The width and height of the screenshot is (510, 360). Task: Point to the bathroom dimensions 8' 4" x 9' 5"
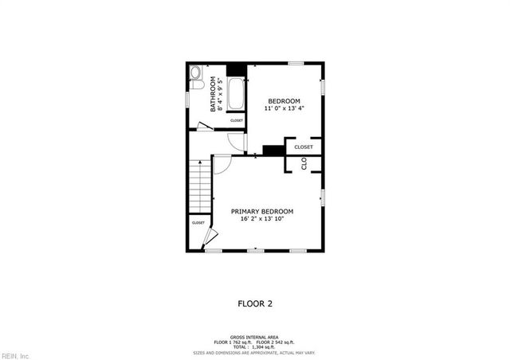(220, 94)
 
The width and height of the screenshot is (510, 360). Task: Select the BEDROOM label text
(284, 100)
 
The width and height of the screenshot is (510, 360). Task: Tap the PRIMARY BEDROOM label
(262, 211)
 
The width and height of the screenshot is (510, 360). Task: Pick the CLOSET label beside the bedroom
(304, 147)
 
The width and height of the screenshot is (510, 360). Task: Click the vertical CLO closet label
(304, 163)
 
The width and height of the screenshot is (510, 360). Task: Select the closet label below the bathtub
(237, 120)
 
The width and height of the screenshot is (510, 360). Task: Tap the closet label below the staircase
(198, 223)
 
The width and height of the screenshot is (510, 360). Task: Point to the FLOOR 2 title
(256, 303)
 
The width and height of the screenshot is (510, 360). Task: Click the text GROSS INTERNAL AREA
(254, 337)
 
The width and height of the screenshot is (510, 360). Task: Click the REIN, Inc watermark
(15, 354)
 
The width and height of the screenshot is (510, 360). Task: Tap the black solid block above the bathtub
(237, 69)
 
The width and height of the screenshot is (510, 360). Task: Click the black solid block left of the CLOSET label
(273, 150)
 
